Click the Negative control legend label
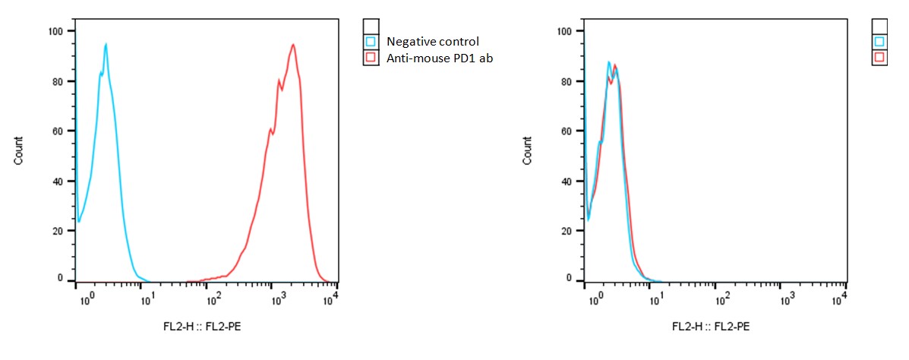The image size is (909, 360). [433, 42]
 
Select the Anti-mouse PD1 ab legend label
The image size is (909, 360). [440, 58]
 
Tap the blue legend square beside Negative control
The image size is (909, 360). [371, 42]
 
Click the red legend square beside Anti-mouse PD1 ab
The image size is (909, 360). [371, 58]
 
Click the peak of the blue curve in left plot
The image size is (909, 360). [106, 44]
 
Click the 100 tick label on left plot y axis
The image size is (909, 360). [55, 31]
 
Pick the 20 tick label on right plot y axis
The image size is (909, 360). [567, 229]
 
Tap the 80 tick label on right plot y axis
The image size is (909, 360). [567, 81]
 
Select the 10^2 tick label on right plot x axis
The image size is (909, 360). [721, 301]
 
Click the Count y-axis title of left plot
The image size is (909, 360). [18, 151]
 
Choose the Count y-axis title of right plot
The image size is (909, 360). [527, 151]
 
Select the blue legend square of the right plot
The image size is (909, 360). [879, 42]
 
